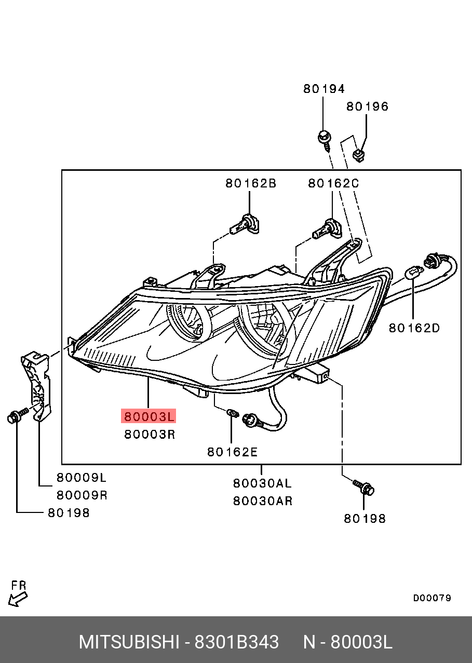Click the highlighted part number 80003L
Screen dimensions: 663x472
pyautogui.click(x=149, y=416)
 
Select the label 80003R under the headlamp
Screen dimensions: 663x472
pyautogui.click(x=150, y=434)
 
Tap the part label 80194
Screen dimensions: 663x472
pyautogui.click(x=324, y=89)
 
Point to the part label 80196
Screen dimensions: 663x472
pyautogui.click(x=368, y=106)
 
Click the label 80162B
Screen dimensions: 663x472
pyautogui.click(x=250, y=183)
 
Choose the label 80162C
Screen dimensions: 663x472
pyautogui.click(x=333, y=183)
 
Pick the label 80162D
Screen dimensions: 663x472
pyautogui.click(x=414, y=328)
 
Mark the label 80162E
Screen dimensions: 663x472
pyautogui.click(x=232, y=452)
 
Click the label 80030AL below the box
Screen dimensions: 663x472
pyautogui.click(x=262, y=483)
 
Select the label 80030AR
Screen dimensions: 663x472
pyautogui.click(x=262, y=501)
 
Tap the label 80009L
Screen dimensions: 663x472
pyautogui.click(x=82, y=478)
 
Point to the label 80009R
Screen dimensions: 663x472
pyautogui.click(x=82, y=495)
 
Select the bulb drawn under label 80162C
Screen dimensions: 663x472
pyautogui.click(x=326, y=228)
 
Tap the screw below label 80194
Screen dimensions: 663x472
pyautogui.click(x=324, y=140)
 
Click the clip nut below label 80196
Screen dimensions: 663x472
pyautogui.click(x=358, y=154)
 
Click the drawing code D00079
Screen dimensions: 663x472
pyautogui.click(x=432, y=598)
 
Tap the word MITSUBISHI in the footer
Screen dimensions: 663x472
pyautogui.click(x=129, y=642)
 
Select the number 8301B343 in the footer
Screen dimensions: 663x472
pyautogui.click(x=236, y=642)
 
